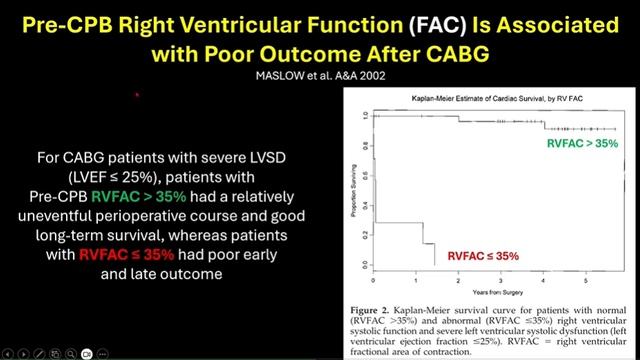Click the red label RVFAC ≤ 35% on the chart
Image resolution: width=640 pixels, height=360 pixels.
pyautogui.click(x=482, y=257)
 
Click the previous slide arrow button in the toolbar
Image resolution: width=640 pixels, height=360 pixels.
pyautogui.click(x=9, y=353)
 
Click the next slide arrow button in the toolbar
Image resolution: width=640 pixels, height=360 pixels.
pyautogui.click(x=25, y=353)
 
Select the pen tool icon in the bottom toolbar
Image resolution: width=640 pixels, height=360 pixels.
pyautogui.click(x=41, y=353)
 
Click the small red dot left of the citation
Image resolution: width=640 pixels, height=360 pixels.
pyautogui.click(x=136, y=96)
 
